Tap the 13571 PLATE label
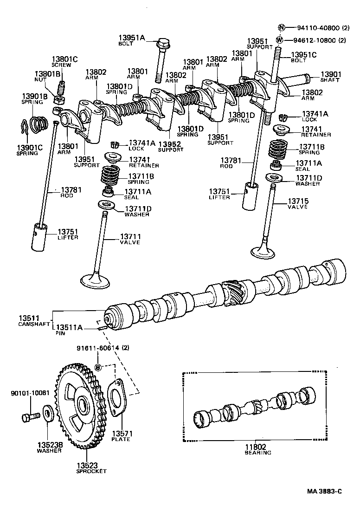point(121,436)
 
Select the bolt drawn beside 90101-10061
point(28,416)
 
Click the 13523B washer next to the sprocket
point(48,413)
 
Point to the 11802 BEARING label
point(258,449)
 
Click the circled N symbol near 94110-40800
point(281,27)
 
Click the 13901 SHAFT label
point(330,77)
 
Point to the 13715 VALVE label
point(297,204)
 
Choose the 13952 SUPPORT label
point(170,146)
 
